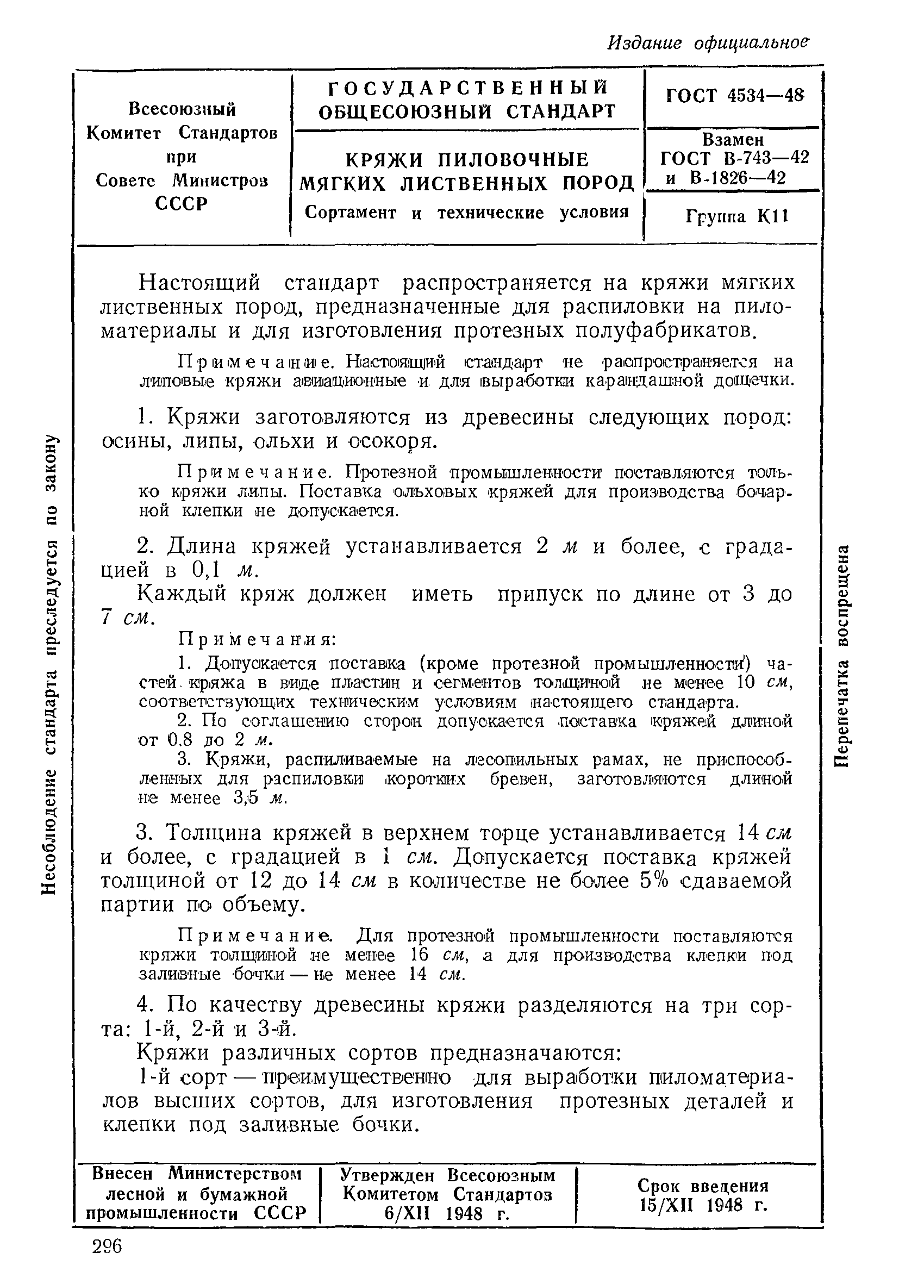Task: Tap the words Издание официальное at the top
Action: point(708,43)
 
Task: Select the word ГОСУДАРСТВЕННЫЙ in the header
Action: point(467,89)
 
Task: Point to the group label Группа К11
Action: point(736,216)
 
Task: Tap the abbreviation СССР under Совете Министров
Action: point(181,203)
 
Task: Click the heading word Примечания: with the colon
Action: point(257,639)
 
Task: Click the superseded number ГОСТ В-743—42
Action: point(734,158)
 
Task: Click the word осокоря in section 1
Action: point(389,442)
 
